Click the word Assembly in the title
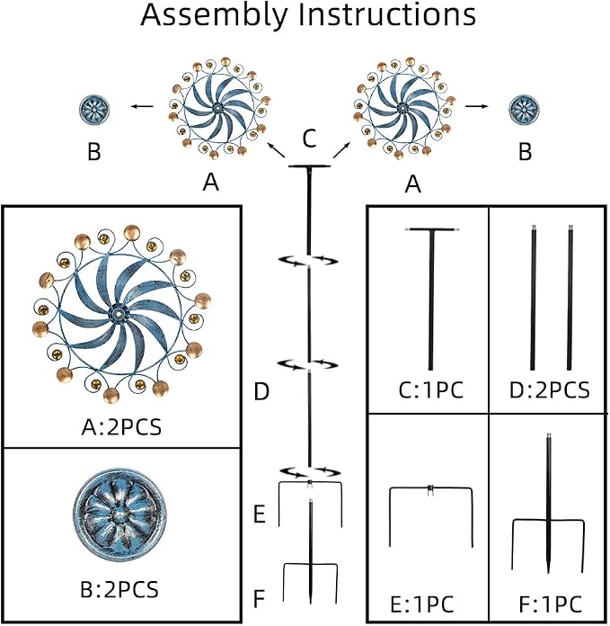coord(214,15)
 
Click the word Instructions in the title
coord(387,14)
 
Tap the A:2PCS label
coord(121,427)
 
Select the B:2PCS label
coord(119,589)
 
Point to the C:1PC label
coord(431,389)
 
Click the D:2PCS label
coord(550,389)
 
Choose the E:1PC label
coord(422,604)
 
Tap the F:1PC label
coord(551,604)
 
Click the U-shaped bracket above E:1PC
coord(430,488)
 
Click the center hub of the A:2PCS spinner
coord(118,315)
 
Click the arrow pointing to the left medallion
coord(142,106)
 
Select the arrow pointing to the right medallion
coord(477,106)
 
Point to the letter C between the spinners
coord(309,139)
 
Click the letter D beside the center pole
coord(261,391)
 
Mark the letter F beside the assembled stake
coord(259,598)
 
